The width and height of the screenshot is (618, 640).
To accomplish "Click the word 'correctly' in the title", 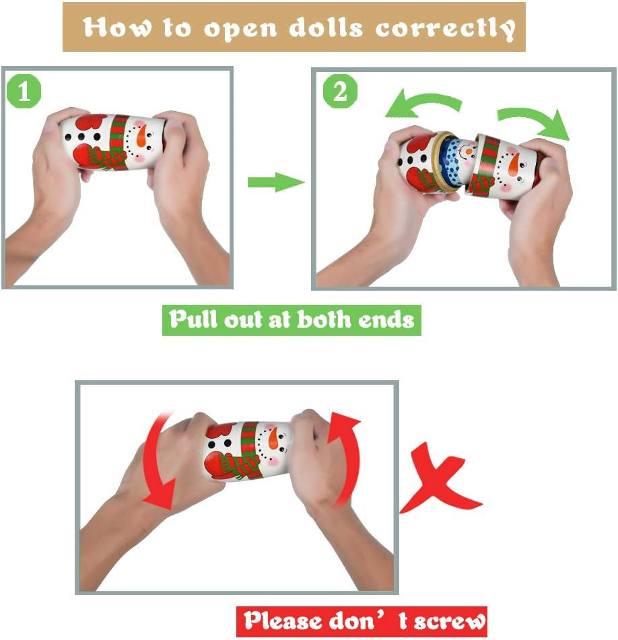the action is (x=445, y=28).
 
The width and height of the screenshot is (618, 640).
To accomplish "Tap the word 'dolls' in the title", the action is (x=326, y=27).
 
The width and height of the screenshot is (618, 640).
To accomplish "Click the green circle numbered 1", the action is (x=24, y=91).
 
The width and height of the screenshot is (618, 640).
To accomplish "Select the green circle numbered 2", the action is (x=340, y=91).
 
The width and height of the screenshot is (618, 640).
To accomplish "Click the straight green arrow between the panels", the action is (x=276, y=182).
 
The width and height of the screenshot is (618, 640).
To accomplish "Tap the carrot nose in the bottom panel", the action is (x=272, y=437).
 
